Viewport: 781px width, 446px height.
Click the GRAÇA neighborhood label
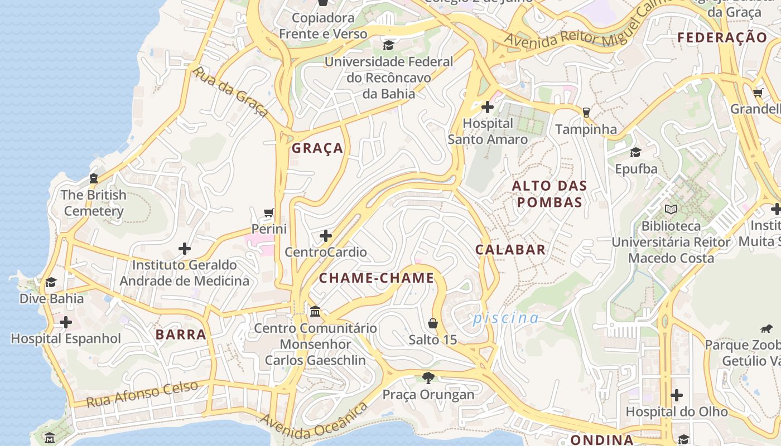[x=317, y=148]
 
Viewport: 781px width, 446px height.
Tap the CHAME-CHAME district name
[x=377, y=278]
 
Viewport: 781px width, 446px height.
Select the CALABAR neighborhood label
[x=510, y=250]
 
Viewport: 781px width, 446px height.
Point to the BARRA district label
[x=181, y=334]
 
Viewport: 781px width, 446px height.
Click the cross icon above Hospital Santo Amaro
[x=488, y=106]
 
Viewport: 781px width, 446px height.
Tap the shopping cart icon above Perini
[x=269, y=212]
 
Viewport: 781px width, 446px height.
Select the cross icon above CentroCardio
[x=326, y=236]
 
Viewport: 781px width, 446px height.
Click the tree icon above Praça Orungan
[x=428, y=378]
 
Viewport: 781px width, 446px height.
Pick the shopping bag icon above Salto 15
[x=432, y=323]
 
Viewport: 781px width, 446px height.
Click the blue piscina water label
[x=506, y=318]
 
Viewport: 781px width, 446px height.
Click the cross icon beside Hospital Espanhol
[x=66, y=322]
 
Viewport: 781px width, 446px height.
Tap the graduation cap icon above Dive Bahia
[x=51, y=282]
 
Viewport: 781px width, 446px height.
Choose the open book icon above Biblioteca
[x=671, y=210]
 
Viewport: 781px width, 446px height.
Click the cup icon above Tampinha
[x=586, y=112]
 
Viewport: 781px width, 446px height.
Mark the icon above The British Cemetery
[x=94, y=178]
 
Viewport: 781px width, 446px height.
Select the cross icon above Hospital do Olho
[x=677, y=395]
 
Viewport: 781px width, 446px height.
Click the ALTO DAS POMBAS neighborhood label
[x=549, y=194]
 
